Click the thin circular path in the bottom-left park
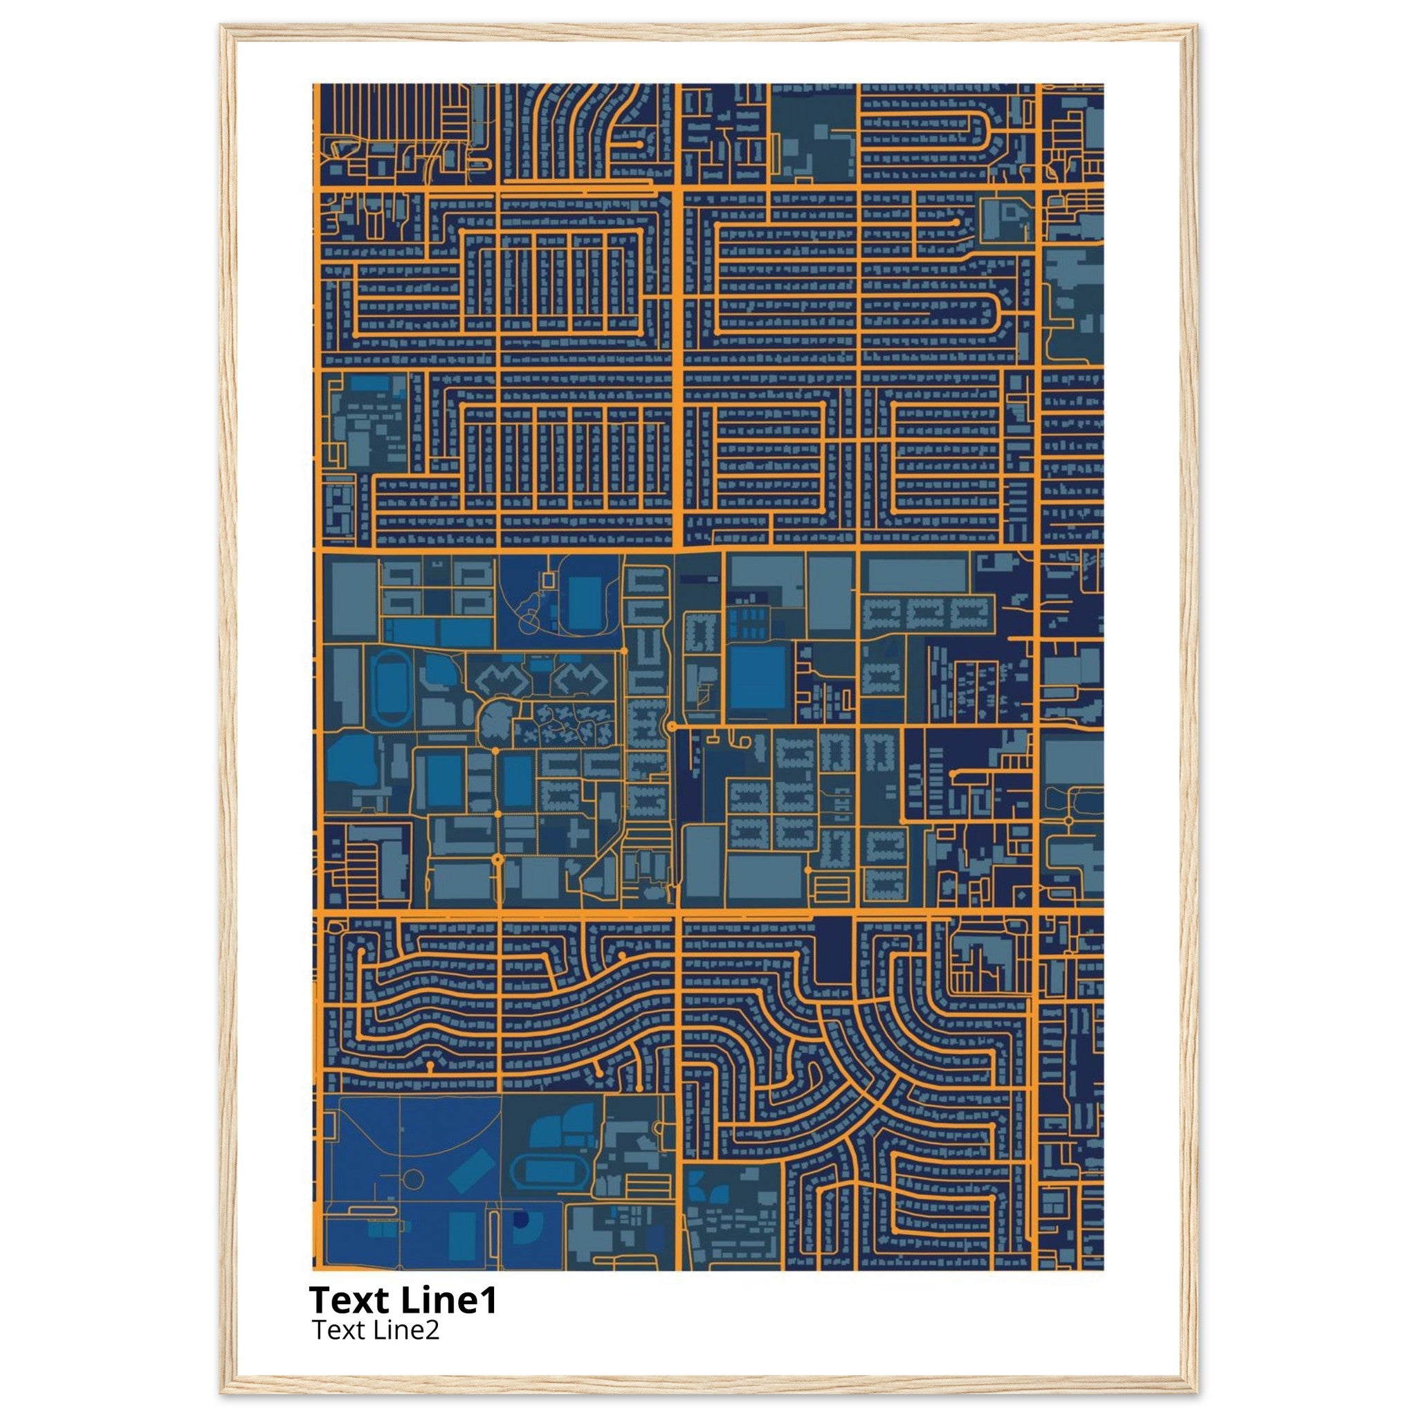click(x=414, y=1180)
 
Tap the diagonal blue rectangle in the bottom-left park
click(x=471, y=1171)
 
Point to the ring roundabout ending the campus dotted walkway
click(x=498, y=858)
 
